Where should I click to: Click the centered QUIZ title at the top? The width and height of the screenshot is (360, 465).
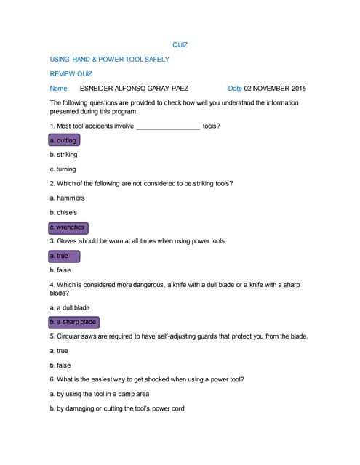click(x=180, y=45)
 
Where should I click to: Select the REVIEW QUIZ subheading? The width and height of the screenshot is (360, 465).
click(x=71, y=74)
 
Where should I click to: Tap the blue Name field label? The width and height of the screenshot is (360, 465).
click(x=58, y=89)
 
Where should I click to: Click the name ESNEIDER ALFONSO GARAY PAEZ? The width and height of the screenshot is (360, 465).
click(x=134, y=89)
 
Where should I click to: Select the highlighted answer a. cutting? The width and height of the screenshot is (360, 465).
click(x=63, y=140)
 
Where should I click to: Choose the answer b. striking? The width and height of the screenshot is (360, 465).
click(x=63, y=155)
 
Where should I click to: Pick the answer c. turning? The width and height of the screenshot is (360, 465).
click(x=63, y=169)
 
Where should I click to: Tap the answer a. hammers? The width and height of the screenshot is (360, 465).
click(x=67, y=198)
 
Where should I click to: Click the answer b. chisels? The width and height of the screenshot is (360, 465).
click(x=63, y=212)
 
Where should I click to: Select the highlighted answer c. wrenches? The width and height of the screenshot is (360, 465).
click(x=68, y=227)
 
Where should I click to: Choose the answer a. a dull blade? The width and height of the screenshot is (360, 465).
click(x=70, y=307)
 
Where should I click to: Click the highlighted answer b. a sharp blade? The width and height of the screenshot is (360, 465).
click(x=73, y=322)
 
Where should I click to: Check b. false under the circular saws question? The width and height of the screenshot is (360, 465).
click(x=60, y=365)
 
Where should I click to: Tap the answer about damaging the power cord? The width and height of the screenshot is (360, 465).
click(x=116, y=408)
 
